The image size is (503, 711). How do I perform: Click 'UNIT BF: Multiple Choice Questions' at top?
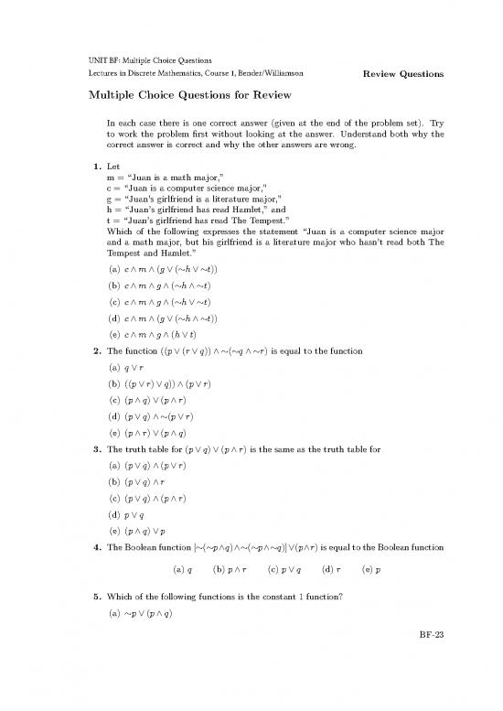pyautogui.click(x=150, y=59)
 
